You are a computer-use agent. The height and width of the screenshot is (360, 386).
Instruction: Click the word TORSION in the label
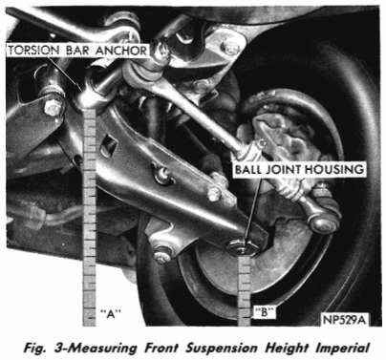click(33, 51)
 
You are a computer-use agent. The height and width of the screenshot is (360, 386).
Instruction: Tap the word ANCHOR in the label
click(121, 51)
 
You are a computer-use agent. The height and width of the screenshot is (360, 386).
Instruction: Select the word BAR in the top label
click(77, 51)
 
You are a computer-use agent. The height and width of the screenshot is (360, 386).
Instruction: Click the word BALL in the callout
click(248, 169)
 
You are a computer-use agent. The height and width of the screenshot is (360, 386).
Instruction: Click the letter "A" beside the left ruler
click(110, 314)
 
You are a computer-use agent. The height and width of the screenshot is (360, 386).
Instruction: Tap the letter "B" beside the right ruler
click(265, 313)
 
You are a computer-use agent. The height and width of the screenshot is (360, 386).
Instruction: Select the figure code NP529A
click(344, 320)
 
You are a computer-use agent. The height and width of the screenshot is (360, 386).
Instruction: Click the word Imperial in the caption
click(342, 348)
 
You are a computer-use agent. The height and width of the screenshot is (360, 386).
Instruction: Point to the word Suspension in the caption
click(221, 348)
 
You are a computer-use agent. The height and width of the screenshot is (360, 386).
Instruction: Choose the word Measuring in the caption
click(101, 348)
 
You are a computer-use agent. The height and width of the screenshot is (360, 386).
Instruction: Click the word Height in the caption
click(287, 348)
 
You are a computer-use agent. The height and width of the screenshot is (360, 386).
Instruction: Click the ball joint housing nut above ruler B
click(242, 246)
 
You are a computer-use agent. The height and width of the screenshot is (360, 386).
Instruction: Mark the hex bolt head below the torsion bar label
click(53, 107)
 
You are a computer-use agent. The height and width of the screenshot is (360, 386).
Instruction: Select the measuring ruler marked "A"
click(89, 217)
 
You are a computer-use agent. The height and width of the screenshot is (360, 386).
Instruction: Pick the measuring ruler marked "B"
click(245, 290)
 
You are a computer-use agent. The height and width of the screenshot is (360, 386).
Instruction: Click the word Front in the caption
click(161, 348)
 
